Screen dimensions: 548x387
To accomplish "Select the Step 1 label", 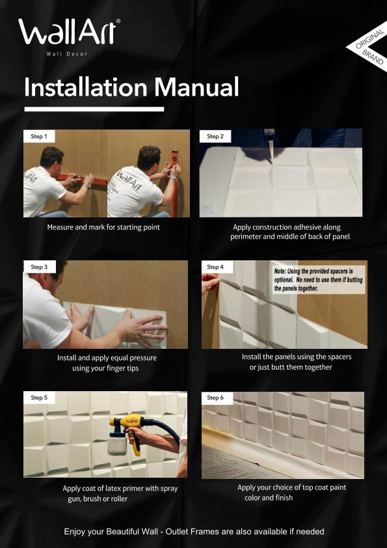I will [39, 137].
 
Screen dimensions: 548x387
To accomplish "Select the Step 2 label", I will [215, 137].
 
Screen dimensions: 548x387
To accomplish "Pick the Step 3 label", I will [39, 267].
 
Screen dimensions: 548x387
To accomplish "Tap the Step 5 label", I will [39, 397].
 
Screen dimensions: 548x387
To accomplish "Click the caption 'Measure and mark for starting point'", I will [103, 227].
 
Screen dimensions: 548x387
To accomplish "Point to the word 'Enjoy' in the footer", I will [75, 532].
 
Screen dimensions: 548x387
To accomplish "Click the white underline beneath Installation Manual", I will [94, 109].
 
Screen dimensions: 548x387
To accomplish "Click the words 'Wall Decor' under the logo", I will [67, 53].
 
